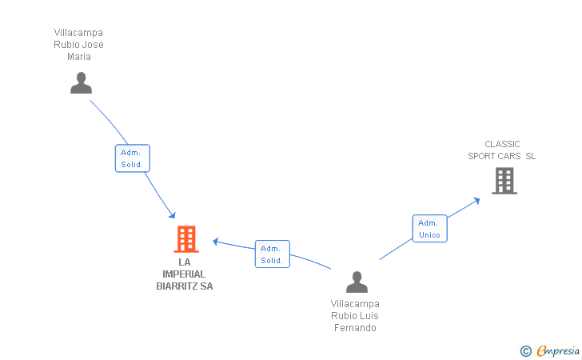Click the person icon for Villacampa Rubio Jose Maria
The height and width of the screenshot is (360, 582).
[81, 83]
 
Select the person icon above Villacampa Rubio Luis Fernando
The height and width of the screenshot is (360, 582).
[357, 282]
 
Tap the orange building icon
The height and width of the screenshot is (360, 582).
[186, 239]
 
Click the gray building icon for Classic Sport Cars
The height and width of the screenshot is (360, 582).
[504, 181]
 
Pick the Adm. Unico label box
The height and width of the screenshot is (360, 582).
[430, 229]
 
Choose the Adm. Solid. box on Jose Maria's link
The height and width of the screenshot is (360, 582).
[133, 158]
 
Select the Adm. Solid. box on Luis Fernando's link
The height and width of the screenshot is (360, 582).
[273, 254]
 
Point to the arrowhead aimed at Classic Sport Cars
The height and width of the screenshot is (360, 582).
[476, 202]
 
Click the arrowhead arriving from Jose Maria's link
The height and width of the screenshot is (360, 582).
[172, 214]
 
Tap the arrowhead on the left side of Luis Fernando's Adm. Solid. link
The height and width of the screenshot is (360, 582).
[216, 242]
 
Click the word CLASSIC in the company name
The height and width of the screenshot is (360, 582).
[502, 144]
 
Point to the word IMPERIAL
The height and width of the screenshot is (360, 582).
[184, 274]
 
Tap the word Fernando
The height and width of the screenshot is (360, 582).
[355, 328]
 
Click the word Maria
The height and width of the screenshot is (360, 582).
[79, 57]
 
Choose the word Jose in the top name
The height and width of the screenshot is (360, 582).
[94, 45]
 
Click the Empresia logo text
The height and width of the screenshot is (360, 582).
[558, 350]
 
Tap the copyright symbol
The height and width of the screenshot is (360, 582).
[526, 351]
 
